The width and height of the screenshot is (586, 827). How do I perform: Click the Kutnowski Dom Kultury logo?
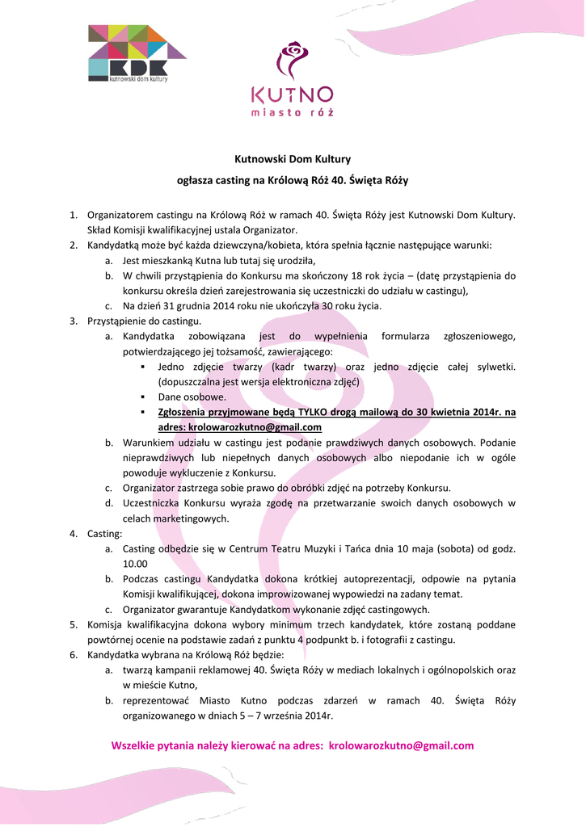point(137,54)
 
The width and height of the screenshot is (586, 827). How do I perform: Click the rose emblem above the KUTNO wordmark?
point(292,61)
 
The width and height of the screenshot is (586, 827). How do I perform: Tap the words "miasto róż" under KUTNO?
point(292,112)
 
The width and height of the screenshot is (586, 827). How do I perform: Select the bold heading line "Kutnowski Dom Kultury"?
point(293,160)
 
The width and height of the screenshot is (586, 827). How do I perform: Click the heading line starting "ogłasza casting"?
point(293,181)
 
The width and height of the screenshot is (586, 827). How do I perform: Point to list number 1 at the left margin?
point(73,215)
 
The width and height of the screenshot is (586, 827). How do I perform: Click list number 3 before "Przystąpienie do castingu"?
point(73,321)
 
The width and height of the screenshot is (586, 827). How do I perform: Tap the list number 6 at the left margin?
point(73,654)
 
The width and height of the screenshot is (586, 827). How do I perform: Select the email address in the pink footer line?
point(402,745)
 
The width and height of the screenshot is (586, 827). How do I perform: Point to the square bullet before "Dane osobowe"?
point(143,397)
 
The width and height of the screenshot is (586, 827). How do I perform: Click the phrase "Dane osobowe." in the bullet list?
point(192,397)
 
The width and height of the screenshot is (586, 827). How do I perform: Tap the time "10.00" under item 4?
point(135,564)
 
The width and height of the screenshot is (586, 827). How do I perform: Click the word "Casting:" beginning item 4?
point(105,534)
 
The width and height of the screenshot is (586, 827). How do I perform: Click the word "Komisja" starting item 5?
point(106,624)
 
